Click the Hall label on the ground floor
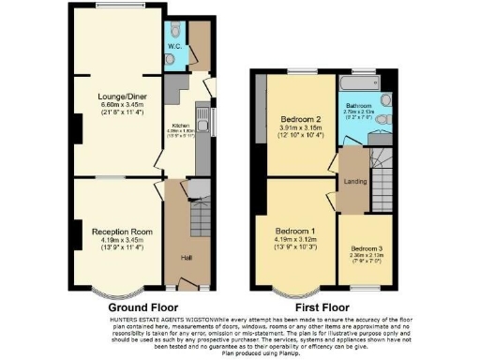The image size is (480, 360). coord(186,256)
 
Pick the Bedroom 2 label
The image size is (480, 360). coord(300,120)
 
